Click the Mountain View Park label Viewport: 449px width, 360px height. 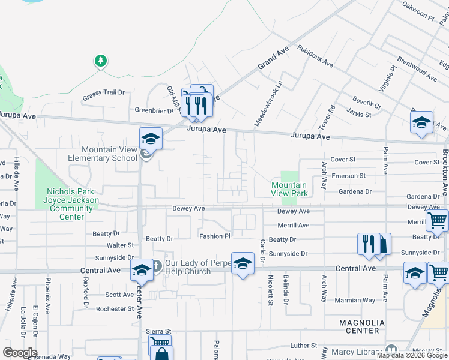pos(289,189)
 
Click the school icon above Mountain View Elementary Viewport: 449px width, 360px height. pos(151,139)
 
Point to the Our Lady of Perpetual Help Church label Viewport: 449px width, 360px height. pos(188,267)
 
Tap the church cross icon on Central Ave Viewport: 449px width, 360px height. pos(156,265)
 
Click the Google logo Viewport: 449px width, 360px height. pos(20,353)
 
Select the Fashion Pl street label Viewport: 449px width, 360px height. pos(215,236)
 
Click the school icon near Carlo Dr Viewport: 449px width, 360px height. pos(243,263)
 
